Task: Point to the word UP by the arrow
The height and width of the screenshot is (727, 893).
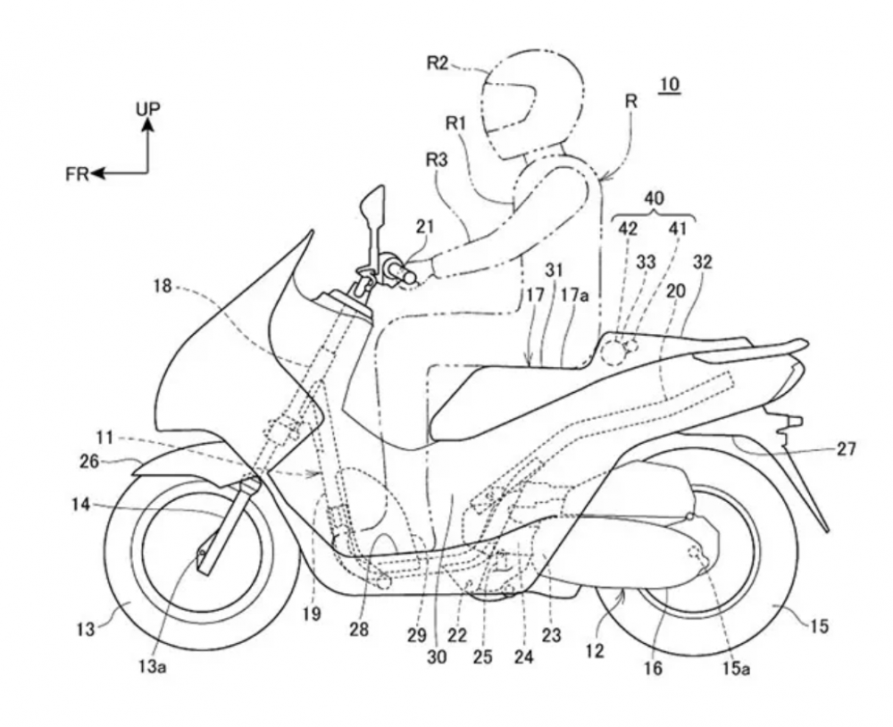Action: [x=148, y=109]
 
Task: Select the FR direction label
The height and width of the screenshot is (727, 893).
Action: [x=78, y=174]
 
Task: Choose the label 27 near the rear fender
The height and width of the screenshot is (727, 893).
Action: [x=845, y=449]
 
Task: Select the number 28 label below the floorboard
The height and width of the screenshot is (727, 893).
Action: [x=359, y=631]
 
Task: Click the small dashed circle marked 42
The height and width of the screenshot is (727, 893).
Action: [x=613, y=354]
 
